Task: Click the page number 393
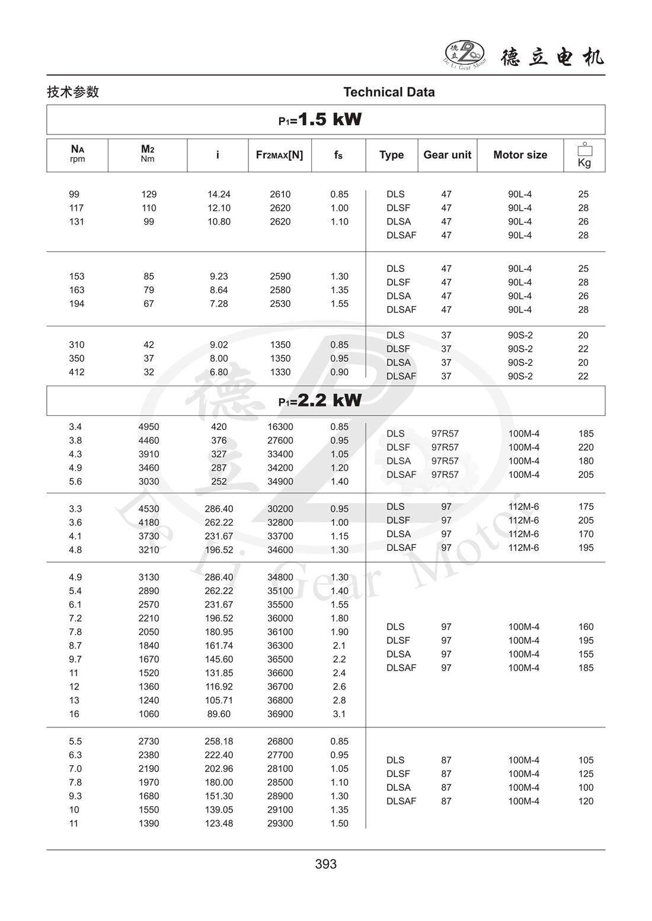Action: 326,864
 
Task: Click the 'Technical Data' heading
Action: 389,92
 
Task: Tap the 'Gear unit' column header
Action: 447,155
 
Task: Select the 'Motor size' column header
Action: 520,155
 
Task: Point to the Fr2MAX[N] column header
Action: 279,155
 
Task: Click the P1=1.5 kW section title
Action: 321,120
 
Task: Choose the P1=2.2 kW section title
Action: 321,400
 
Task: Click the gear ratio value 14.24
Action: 219,194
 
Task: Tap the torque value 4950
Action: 149,427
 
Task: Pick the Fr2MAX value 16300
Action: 280,427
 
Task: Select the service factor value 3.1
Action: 339,714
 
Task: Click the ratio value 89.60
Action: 219,714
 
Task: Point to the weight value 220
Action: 586,448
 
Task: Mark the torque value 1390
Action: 149,824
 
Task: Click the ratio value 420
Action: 219,427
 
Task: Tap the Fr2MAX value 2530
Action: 280,304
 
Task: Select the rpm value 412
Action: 76,373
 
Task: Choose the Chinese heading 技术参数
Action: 73,92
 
